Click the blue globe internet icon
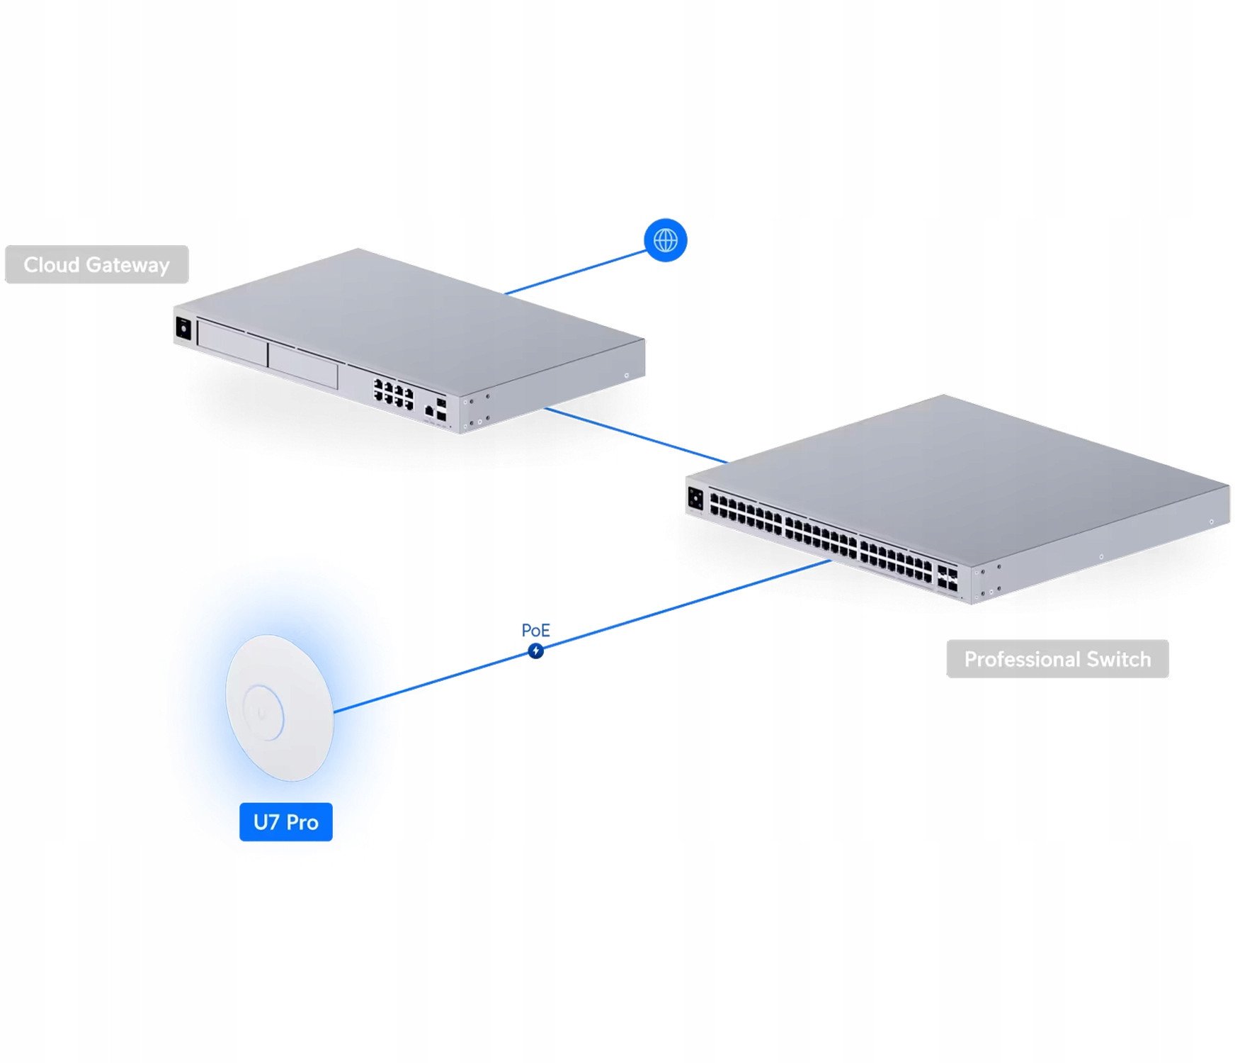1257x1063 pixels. [x=665, y=240]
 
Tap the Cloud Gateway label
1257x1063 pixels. [x=96, y=265]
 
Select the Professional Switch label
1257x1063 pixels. [x=1057, y=660]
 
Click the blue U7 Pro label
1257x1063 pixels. [x=285, y=822]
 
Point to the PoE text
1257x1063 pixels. [x=535, y=630]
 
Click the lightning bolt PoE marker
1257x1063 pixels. [x=536, y=651]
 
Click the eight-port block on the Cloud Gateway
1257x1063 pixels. [x=394, y=393]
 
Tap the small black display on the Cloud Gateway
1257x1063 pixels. [x=183, y=329]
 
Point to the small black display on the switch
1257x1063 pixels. [x=695, y=498]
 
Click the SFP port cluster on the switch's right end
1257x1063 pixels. [x=947, y=578]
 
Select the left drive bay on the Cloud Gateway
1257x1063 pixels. [x=232, y=344]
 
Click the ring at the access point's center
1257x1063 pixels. [x=263, y=712]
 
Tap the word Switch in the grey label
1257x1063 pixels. [x=1118, y=660]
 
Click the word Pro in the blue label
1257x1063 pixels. [x=302, y=822]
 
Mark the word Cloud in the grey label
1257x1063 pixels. [x=51, y=265]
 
